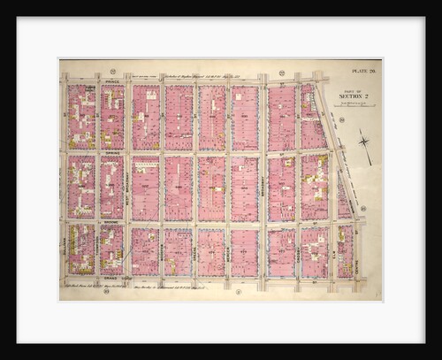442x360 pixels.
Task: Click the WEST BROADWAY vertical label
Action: pos(128,186)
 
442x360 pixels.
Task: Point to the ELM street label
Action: pos(331,257)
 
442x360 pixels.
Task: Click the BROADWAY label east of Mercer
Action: pos(263,186)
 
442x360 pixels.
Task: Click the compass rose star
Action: pos(364,140)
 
